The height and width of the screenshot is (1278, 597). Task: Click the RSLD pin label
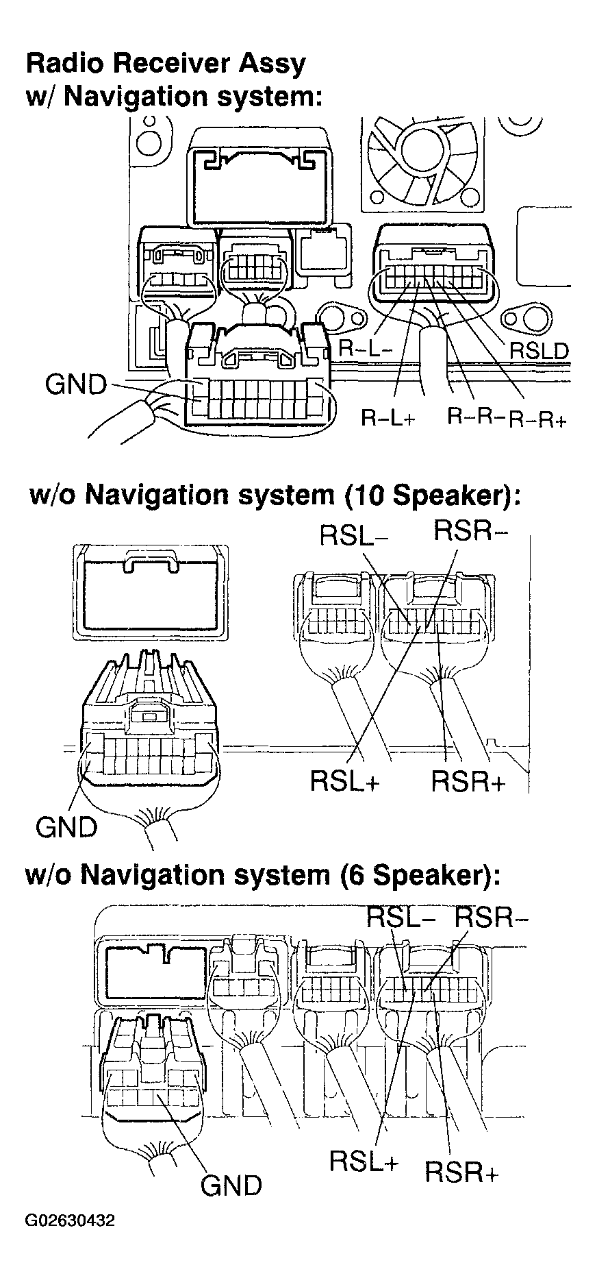[x=539, y=351]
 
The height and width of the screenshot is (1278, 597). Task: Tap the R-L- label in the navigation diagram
[x=366, y=348]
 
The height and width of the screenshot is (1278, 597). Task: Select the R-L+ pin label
[x=388, y=418]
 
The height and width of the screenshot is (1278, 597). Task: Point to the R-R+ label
[x=538, y=419]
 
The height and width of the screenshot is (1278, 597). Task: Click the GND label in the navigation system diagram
[x=76, y=384]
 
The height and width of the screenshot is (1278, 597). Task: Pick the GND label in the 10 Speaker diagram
[x=66, y=827]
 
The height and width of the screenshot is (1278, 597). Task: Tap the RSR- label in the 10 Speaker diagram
[x=470, y=530]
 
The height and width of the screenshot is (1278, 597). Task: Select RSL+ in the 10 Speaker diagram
[x=345, y=781]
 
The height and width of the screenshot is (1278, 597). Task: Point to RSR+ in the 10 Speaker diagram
[x=468, y=782]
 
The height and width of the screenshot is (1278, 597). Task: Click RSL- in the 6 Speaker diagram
[x=401, y=916]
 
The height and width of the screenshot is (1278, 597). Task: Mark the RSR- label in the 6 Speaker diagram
[x=492, y=916]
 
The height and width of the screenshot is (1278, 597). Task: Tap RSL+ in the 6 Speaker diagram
[x=364, y=1161]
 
